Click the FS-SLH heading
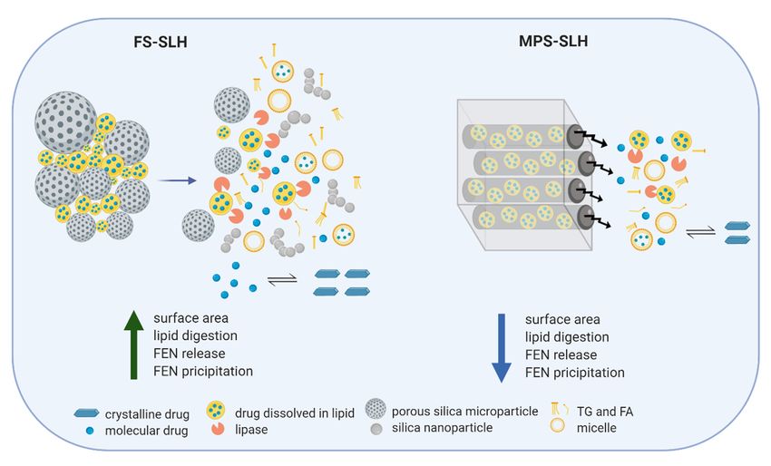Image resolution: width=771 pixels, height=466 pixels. pos(161,42)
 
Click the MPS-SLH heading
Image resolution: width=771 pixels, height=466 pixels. pos(553,40)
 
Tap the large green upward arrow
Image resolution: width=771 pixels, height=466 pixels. pos(133,345)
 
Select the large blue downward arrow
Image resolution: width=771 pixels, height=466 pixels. pos(502,348)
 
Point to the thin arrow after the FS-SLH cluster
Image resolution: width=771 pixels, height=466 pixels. pos(177,181)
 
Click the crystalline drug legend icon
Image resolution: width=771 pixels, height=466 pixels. pos(86,413)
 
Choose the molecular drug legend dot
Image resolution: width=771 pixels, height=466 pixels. pos(90,431)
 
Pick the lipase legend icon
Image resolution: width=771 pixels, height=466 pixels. pos(218,428)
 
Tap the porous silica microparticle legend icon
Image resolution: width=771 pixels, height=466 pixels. pos(376,409)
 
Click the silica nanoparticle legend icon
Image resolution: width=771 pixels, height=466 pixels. pos(376,429)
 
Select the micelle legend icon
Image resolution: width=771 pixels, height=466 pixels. pos(557,425)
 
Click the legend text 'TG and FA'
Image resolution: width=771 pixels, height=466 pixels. pos(605,411)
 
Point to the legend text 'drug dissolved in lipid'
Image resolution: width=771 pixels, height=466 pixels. pos(295,413)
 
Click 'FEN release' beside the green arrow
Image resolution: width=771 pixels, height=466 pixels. pos(190,353)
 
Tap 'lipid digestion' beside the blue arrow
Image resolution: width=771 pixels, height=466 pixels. pos(567,336)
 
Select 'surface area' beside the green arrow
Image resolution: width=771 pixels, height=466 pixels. pos(190,318)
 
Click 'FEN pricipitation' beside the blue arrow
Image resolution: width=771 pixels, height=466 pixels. pos(575,372)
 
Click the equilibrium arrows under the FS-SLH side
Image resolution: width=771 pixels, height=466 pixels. pos(282,280)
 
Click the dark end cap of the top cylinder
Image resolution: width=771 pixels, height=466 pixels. pos(574,136)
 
